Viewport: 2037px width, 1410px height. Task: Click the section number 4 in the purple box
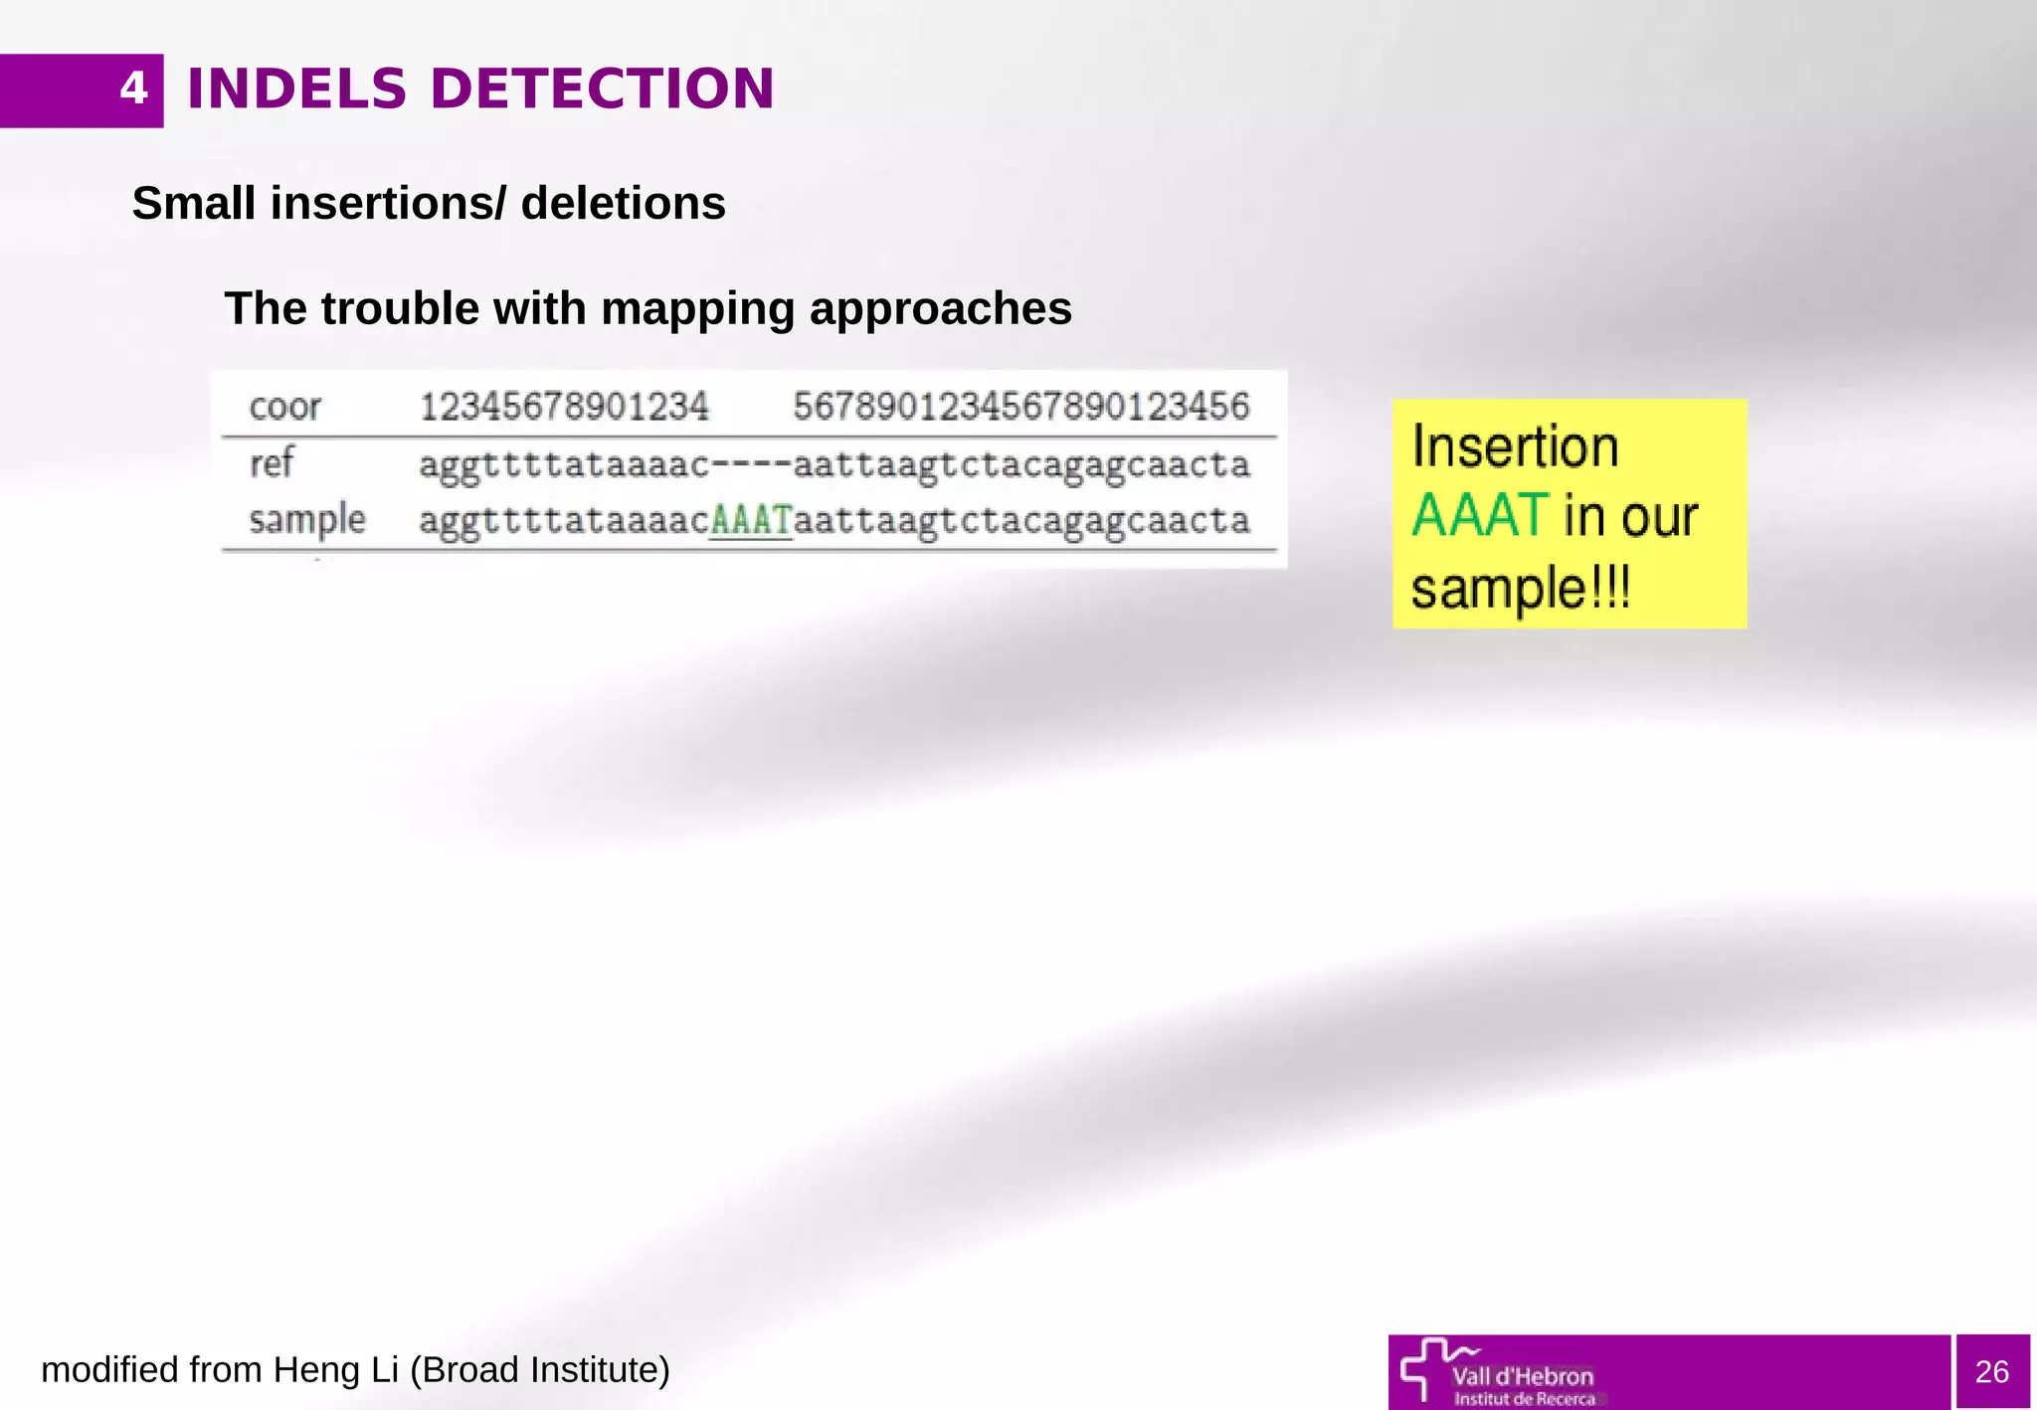click(x=133, y=89)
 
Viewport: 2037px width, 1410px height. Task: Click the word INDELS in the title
click(x=296, y=89)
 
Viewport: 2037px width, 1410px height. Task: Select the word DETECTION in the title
click(x=602, y=89)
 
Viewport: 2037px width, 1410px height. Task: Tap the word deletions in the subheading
click(x=623, y=204)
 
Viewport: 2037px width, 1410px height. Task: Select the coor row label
click(x=284, y=407)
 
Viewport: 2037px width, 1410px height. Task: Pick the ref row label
click(x=271, y=463)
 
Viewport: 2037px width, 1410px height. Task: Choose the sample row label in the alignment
click(x=306, y=520)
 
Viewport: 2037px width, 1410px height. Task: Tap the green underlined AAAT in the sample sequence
click(x=751, y=520)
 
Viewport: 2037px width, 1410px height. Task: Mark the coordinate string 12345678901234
click(x=564, y=407)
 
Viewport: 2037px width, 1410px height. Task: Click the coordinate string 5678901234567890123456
click(x=1020, y=407)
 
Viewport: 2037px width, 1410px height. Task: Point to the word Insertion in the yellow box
click(x=1515, y=446)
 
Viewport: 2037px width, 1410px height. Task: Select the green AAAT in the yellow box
click(x=1479, y=516)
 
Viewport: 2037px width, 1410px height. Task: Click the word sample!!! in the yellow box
click(x=1521, y=588)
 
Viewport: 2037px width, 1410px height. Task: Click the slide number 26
click(x=1991, y=1372)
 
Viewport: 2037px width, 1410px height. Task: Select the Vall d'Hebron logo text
click(x=1522, y=1377)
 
